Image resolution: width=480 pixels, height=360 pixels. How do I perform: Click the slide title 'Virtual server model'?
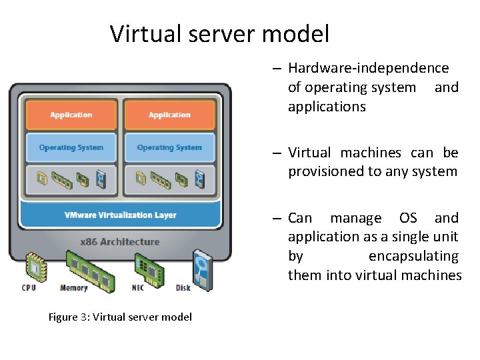pyautogui.click(x=219, y=33)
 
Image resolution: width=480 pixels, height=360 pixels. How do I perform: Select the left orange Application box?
pyautogui.click(x=71, y=115)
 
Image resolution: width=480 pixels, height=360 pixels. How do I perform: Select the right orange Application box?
pyautogui.click(x=169, y=115)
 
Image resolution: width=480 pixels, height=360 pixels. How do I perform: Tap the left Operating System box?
pyautogui.click(x=71, y=147)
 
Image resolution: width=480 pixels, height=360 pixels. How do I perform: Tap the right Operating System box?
pyautogui.click(x=169, y=147)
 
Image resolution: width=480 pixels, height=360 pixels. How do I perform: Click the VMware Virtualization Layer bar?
pyautogui.click(x=120, y=215)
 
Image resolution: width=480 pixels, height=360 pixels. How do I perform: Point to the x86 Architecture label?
pyautogui.click(x=120, y=241)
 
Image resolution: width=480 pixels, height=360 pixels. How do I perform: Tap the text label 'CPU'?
pyautogui.click(x=29, y=288)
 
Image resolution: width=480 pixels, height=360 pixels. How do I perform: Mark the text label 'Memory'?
pyautogui.click(x=73, y=288)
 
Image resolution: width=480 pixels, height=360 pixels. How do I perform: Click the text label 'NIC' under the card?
pyautogui.click(x=137, y=288)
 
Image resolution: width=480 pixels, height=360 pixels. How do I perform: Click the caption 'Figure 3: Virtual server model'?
pyautogui.click(x=120, y=317)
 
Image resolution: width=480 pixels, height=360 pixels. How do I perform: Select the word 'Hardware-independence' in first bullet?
pyautogui.click(x=368, y=68)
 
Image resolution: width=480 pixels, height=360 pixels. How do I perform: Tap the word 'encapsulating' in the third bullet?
pyautogui.click(x=413, y=256)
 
